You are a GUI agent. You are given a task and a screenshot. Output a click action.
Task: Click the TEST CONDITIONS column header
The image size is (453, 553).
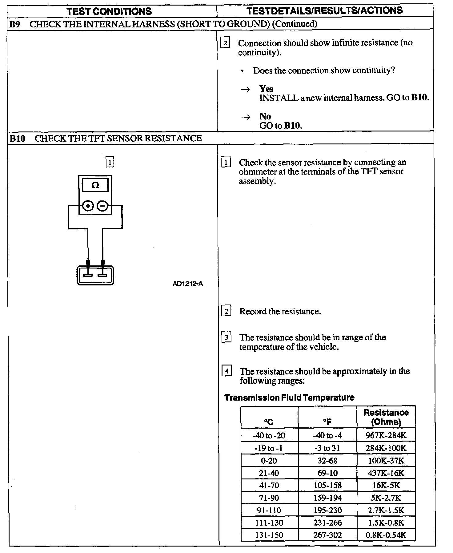click(109, 11)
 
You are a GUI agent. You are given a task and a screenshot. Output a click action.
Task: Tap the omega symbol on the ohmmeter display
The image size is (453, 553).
click(95, 185)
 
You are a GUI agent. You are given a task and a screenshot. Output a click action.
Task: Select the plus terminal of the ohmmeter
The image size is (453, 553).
click(88, 206)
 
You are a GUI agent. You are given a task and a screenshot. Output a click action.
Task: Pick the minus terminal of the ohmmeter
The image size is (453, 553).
click(103, 206)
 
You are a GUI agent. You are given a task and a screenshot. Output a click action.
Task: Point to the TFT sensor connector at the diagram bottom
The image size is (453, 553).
click(95, 275)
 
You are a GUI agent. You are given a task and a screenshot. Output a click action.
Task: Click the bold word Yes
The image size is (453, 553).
click(266, 89)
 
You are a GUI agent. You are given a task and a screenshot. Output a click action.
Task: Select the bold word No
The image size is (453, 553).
click(265, 116)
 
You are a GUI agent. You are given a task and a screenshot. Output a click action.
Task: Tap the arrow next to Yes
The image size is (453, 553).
click(245, 90)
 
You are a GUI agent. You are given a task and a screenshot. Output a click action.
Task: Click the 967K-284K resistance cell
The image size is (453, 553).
click(386, 435)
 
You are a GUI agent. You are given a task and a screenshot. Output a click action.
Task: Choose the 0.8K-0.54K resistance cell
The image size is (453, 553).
click(386, 535)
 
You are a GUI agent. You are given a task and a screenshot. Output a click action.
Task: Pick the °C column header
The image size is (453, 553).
click(269, 422)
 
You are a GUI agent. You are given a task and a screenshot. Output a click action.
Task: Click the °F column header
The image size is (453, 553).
click(327, 422)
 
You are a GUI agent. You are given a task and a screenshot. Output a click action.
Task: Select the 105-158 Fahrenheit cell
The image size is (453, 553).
click(327, 485)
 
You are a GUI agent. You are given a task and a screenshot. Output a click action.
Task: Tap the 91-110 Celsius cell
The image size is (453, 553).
click(269, 510)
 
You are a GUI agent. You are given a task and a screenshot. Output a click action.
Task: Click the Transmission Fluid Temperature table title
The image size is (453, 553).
click(289, 398)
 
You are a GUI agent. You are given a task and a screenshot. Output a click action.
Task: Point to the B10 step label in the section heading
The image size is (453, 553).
click(17, 138)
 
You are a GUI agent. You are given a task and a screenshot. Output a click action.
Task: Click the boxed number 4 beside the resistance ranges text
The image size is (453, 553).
click(227, 371)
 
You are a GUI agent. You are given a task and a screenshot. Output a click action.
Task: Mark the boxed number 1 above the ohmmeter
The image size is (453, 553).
click(110, 162)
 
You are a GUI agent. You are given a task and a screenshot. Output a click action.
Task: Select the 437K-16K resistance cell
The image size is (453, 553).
click(386, 473)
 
